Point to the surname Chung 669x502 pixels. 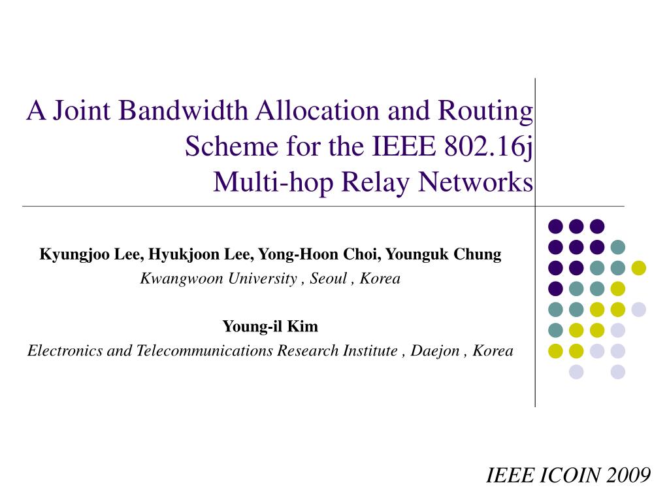478,255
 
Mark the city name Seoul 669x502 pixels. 328,279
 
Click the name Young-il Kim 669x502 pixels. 270,326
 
